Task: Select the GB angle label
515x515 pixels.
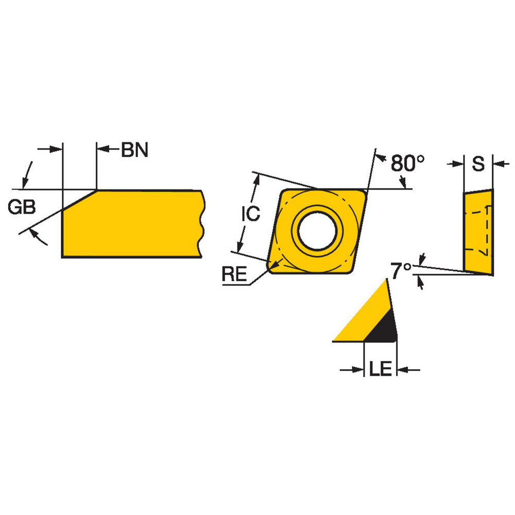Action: [x=22, y=207]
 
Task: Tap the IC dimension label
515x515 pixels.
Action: [x=251, y=213]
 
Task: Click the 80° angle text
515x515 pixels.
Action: [x=407, y=163]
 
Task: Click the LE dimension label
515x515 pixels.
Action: [x=381, y=369]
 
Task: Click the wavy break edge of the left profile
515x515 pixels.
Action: [x=201, y=224]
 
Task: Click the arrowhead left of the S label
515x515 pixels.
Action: [x=458, y=164]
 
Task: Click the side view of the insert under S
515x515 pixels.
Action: [x=478, y=232]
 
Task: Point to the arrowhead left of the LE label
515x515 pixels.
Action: [x=358, y=369]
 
